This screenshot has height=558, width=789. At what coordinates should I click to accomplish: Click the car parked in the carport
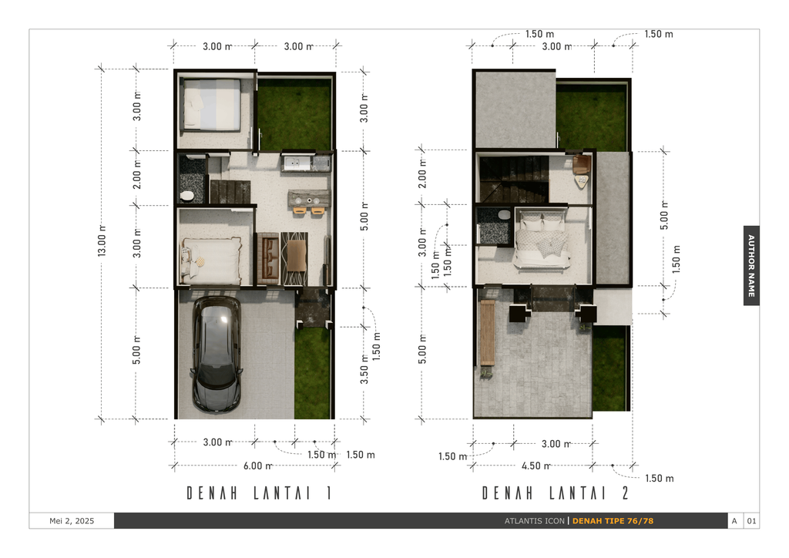(217, 355)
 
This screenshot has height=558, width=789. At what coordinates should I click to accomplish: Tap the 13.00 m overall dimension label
(102, 241)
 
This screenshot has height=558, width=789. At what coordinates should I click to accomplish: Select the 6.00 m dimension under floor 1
(258, 466)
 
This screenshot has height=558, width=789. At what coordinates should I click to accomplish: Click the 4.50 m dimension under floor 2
(536, 466)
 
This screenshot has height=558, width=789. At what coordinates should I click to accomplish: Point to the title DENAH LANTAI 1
(259, 493)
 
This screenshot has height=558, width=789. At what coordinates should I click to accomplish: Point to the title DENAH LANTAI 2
(556, 493)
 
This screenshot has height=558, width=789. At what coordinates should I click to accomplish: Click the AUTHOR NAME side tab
(751, 265)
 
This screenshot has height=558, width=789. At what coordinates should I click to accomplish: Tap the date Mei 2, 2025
(72, 521)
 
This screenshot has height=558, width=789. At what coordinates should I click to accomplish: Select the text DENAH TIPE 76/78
(613, 521)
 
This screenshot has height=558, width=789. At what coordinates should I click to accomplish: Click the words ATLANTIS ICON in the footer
(535, 521)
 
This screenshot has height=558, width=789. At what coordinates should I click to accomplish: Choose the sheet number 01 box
(751, 521)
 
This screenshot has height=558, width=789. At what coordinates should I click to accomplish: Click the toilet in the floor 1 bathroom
(186, 196)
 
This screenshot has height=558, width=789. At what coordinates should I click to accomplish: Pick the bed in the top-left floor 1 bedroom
(212, 105)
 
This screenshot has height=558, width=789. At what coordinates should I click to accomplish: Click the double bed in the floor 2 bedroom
(542, 240)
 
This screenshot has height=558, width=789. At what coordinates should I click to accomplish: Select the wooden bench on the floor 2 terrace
(487, 333)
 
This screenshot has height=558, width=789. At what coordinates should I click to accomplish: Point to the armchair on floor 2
(581, 164)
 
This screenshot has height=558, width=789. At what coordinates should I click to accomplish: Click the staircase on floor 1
(230, 192)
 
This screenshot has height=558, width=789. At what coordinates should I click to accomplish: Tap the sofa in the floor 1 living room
(270, 258)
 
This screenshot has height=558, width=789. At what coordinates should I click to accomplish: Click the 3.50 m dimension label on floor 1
(364, 369)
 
